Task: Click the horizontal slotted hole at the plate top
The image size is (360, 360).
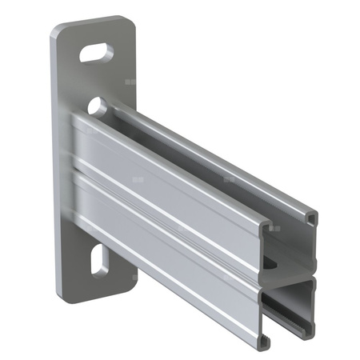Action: (97, 54)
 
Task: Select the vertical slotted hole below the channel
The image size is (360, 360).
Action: (98, 261)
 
